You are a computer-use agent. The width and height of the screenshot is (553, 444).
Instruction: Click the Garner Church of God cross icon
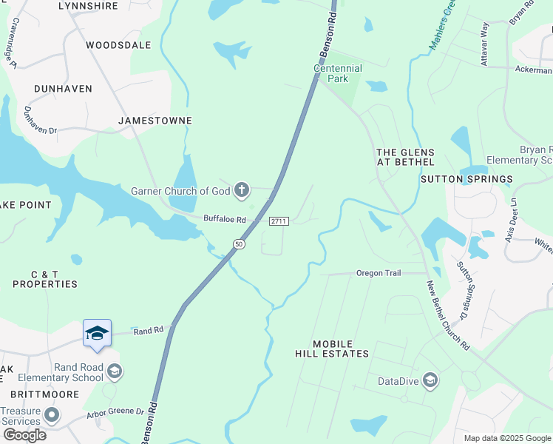241,192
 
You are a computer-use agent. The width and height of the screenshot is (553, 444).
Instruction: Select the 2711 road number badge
278,221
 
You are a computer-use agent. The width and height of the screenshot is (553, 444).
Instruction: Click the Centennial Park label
338,73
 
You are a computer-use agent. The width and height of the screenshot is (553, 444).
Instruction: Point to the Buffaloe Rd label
224,218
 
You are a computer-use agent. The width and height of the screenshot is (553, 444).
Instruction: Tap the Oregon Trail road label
378,273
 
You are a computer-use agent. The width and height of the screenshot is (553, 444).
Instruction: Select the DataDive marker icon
430,381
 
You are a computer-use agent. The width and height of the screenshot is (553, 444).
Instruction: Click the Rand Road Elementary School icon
115,371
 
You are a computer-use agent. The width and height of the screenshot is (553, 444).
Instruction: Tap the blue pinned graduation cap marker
97,334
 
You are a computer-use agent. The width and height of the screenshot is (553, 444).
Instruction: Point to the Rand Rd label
148,331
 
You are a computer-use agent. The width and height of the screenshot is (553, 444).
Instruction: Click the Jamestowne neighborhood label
155,120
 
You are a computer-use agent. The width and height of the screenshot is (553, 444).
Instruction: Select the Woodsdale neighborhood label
118,45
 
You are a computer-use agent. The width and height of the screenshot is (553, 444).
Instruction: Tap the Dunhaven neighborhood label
63,89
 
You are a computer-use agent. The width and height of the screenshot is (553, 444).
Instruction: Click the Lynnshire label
88,6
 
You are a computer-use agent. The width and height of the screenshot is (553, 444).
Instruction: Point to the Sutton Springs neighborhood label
467,179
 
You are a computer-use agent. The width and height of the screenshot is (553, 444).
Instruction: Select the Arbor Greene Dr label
115,412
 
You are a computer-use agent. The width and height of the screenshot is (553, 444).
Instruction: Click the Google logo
24,435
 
